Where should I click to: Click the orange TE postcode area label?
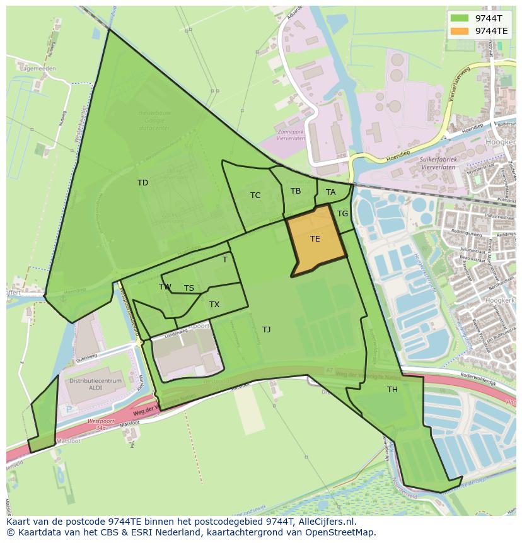(315, 239)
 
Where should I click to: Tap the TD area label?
(143, 183)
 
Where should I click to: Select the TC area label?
(255, 196)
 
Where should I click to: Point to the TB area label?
(296, 191)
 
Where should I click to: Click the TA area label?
(330, 192)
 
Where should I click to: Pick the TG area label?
(342, 214)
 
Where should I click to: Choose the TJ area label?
(266, 330)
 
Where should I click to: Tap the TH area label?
(392, 390)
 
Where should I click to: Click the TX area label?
(214, 305)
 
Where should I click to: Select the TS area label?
(189, 288)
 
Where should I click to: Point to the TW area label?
(165, 287)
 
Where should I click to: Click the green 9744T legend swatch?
(460, 18)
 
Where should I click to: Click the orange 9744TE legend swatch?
(460, 30)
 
